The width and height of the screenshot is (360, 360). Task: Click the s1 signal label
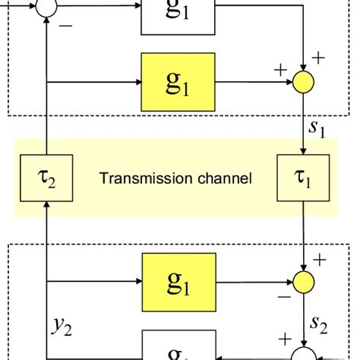click(x=317, y=130)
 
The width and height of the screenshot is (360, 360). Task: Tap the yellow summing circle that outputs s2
click(x=304, y=283)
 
